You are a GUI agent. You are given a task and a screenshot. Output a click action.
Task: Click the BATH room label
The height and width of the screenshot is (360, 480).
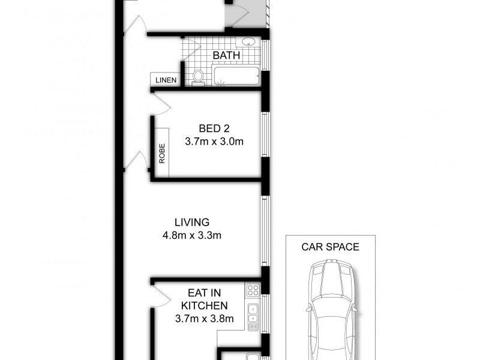[227, 56]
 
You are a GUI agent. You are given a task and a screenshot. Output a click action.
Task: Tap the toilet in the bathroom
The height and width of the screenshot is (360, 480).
[198, 77]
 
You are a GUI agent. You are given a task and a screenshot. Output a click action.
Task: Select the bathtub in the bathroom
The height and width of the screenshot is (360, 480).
[236, 77]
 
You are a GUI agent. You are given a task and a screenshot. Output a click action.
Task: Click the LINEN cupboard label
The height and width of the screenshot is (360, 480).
[165, 80]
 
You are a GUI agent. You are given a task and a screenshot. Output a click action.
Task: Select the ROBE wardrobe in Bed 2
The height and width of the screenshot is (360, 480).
[162, 153]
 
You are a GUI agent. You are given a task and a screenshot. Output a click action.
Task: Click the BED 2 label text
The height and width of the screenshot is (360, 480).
[214, 128]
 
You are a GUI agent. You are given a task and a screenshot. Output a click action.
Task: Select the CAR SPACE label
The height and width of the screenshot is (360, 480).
[330, 247]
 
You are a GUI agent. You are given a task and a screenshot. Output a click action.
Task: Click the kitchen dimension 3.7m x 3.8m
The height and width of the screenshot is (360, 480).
[204, 319]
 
